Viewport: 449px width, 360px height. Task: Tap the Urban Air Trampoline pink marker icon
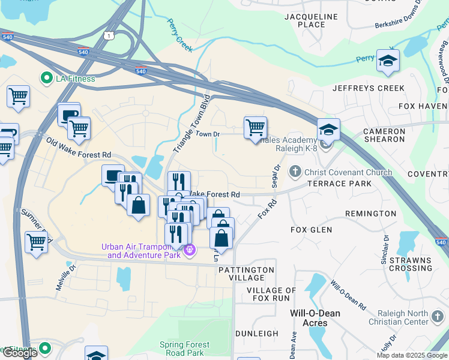coord(190,250)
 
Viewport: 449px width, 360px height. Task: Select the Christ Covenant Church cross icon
coord(295,172)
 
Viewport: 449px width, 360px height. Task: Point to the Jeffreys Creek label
coord(369,88)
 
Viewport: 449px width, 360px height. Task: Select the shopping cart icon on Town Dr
coord(256,127)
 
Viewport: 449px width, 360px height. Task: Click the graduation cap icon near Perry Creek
coord(388,61)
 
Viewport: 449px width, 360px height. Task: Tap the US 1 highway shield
coord(109,36)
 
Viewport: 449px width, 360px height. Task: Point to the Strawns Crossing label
coord(410,264)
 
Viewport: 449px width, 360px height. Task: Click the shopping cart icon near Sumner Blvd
coord(36,242)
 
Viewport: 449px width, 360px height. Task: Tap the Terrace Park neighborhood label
coord(340,184)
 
